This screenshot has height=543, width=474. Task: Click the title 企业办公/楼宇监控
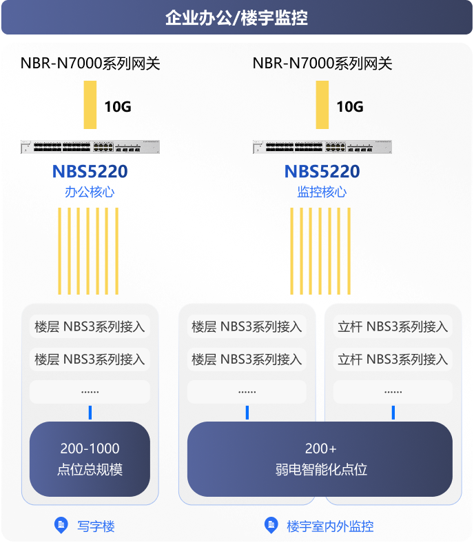point(236,18)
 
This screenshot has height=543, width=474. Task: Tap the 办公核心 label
point(90,192)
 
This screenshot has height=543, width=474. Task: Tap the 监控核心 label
point(322,192)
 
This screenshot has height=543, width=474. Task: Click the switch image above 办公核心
point(90,147)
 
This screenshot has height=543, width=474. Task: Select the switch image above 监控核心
point(322,147)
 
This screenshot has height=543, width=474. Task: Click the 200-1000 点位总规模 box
point(90,459)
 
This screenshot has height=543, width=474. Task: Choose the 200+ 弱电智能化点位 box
point(320,459)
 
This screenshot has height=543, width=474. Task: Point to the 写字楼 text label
point(96,526)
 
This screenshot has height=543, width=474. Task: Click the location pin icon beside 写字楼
point(61,526)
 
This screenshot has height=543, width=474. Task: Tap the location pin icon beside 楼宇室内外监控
point(271,526)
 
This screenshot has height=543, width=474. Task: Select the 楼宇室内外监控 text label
point(330,526)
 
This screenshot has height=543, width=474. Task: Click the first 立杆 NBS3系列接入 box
point(393,326)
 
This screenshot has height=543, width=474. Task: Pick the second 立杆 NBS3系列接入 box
point(393,359)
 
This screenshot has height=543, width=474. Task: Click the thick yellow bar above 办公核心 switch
point(90,105)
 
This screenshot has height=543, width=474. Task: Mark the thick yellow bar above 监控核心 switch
point(322,105)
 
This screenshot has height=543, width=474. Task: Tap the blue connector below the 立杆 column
point(393,413)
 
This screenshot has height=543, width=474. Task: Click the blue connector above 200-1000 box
point(90,413)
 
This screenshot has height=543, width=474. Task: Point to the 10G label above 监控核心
point(350,107)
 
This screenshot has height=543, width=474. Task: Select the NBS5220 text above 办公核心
point(90,171)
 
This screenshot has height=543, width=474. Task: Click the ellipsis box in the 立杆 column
point(393,392)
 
